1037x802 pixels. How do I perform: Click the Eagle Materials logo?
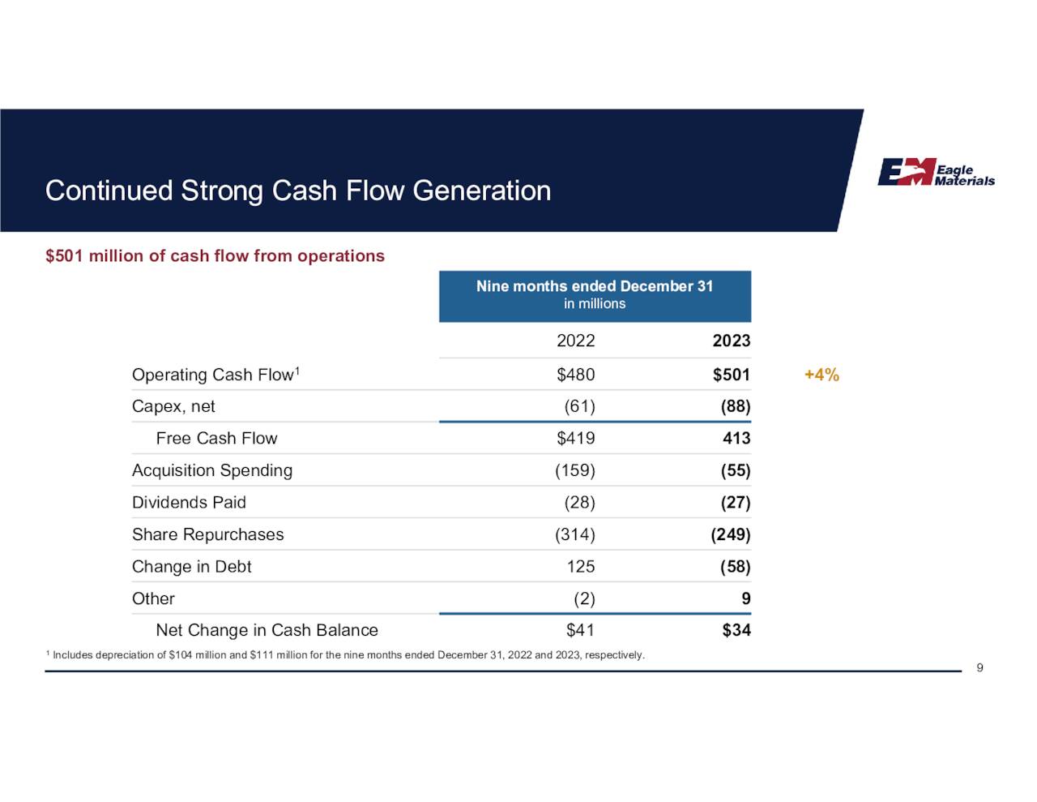click(936, 172)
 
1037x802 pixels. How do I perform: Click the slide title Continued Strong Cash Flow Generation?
click(297, 191)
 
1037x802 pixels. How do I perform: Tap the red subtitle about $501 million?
click(215, 256)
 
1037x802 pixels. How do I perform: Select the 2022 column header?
click(575, 341)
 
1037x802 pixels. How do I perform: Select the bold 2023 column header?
click(731, 341)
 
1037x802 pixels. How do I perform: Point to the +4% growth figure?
click(821, 375)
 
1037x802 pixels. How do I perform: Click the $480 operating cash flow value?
click(575, 375)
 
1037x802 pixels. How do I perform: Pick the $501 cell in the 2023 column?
click(731, 375)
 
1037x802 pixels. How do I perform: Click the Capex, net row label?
click(173, 406)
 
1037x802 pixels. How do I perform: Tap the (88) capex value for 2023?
click(735, 406)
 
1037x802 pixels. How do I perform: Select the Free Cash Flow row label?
click(216, 439)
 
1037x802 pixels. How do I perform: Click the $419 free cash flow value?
click(575, 439)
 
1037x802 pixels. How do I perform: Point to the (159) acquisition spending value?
click(574, 470)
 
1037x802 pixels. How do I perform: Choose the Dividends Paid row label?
click(189, 503)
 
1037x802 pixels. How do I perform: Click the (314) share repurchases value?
click(574, 534)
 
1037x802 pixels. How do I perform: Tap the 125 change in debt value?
click(580, 567)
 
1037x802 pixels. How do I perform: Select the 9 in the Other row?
click(745, 598)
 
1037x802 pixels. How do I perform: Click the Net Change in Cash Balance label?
click(267, 630)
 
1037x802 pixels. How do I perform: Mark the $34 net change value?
click(736, 630)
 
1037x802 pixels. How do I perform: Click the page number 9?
click(979, 667)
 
